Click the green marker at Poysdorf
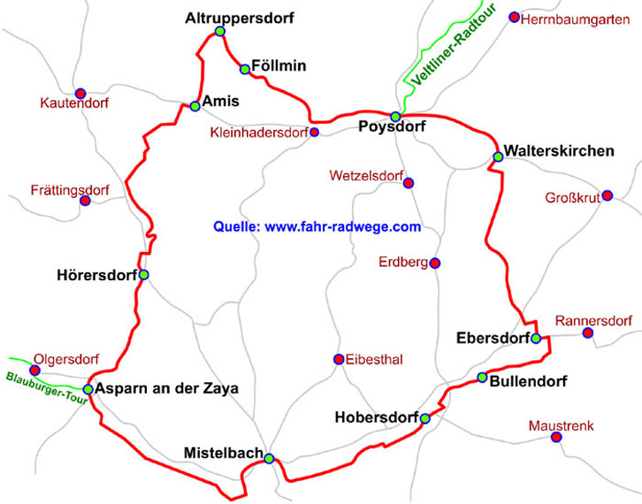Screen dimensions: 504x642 click(396, 116)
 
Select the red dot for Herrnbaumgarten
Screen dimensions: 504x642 click(515, 18)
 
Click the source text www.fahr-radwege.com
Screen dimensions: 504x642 click(317, 226)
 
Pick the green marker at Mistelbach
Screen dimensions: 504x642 click(269, 458)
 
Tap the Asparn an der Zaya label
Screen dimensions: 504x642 click(168, 389)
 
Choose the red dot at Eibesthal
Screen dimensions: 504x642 click(339, 359)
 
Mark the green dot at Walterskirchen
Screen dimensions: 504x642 click(498, 157)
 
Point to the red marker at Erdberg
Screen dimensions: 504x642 click(434, 263)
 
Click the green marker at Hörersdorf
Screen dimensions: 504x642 click(143, 274)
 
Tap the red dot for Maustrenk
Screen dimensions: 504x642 click(556, 437)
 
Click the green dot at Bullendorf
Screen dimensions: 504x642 click(482, 378)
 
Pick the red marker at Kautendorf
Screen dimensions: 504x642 click(80, 93)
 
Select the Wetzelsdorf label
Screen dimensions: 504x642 click(364, 174)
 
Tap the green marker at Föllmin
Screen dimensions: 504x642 click(245, 69)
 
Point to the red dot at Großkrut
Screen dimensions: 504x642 click(607, 196)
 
